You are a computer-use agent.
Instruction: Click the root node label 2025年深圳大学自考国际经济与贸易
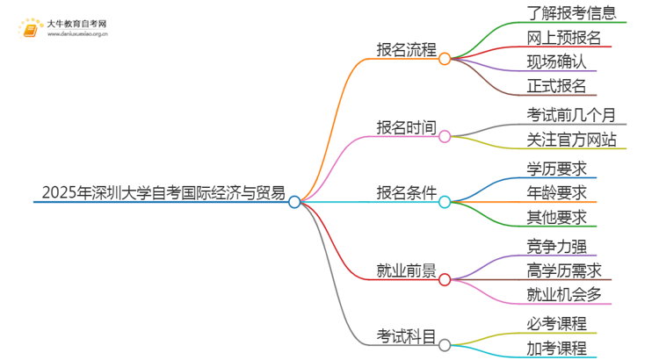click(163, 193)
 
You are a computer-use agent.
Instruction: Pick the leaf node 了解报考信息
click(570, 13)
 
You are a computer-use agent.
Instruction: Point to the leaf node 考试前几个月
click(570, 115)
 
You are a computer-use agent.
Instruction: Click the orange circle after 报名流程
click(445, 59)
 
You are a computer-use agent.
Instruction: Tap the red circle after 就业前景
click(445, 279)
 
